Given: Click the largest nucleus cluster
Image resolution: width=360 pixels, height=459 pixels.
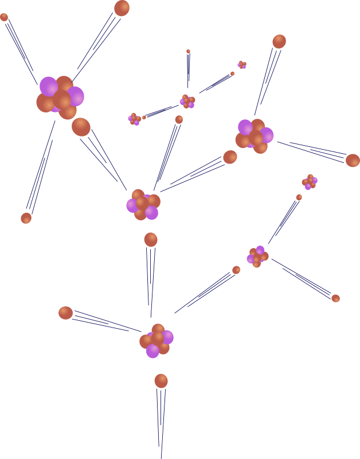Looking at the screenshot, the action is click(x=60, y=97).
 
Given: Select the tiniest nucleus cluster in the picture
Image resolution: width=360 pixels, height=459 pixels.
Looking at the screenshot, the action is click(x=242, y=65).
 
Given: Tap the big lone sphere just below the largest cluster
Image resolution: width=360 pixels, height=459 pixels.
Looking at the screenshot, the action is click(x=81, y=127).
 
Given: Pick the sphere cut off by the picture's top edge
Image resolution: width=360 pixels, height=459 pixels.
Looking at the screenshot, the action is click(x=122, y=7).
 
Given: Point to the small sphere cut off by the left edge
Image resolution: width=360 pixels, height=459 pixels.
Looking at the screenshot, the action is click(x=3, y=17).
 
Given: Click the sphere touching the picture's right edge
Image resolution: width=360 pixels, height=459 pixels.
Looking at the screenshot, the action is click(x=353, y=160).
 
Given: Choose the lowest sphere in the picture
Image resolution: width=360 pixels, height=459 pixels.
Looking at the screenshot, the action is click(x=161, y=380).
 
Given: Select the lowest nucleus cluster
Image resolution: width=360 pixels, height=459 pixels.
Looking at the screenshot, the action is click(x=156, y=340).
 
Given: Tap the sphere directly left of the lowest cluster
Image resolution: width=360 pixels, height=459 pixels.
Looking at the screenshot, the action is click(x=65, y=313).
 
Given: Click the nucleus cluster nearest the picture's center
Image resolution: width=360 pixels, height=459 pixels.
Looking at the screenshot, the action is click(x=143, y=204).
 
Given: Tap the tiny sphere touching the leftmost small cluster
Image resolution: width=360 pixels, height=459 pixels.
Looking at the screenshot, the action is click(x=144, y=117).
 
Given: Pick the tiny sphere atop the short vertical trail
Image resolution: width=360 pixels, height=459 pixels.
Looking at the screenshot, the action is click(x=188, y=52).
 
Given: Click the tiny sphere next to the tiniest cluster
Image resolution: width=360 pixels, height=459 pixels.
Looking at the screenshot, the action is click(x=232, y=73).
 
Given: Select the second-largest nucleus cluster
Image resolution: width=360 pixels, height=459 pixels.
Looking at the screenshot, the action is click(x=254, y=135).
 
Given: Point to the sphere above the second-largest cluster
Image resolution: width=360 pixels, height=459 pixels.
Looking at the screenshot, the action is click(x=279, y=41).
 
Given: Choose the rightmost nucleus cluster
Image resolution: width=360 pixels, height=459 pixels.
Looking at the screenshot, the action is click(x=310, y=182).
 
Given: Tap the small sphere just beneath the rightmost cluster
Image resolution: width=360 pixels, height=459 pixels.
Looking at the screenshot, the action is click(x=299, y=197).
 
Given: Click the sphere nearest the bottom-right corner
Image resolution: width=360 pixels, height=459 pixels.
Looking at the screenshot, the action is click(x=335, y=298).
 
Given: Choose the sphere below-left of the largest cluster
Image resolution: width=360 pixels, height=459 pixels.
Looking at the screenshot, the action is click(x=26, y=218).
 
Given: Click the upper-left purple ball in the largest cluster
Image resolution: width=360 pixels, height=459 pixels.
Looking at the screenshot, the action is click(x=49, y=86).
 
